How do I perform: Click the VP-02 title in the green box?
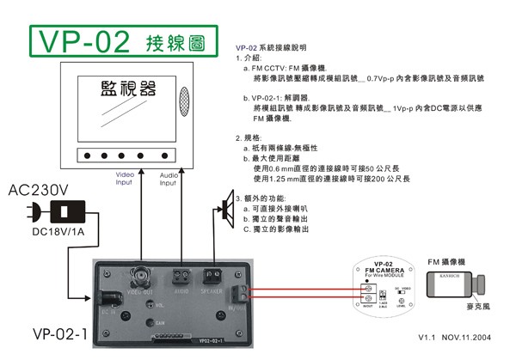[84, 40]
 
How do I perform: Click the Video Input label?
[124, 177]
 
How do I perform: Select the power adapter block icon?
[65, 211]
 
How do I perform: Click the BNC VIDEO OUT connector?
[138, 277]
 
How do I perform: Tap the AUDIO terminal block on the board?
[181, 277]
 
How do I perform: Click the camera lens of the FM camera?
[489, 284]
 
